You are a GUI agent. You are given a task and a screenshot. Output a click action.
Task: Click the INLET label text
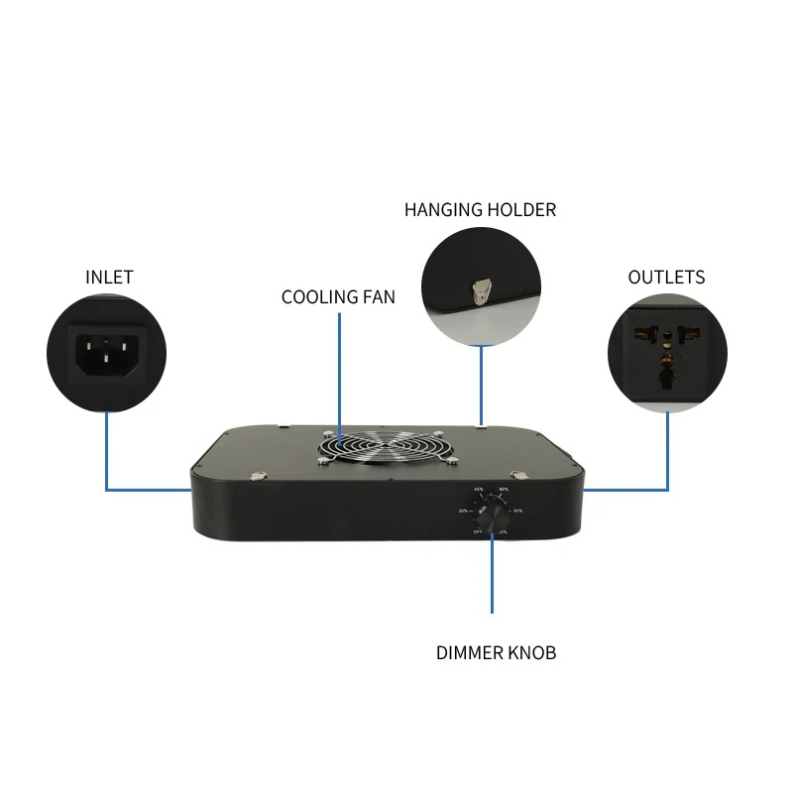pos(109,277)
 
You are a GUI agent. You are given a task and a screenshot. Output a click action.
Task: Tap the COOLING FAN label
pos(338,296)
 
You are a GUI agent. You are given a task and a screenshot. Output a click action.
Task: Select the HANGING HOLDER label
pos(480,209)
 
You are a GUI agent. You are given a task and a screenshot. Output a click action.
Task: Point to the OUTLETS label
pos(666,277)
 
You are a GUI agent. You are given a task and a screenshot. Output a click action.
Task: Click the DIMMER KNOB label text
pos(496,652)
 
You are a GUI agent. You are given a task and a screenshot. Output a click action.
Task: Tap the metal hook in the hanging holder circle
pos(482,289)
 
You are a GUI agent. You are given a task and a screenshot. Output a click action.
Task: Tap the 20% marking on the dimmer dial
pos(463,510)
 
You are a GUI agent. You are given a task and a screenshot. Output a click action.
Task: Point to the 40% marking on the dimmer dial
pos(479,490)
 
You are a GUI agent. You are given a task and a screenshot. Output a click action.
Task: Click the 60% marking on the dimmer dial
pos(505,490)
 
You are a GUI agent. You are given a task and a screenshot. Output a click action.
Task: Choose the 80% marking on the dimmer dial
pos(518,510)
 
